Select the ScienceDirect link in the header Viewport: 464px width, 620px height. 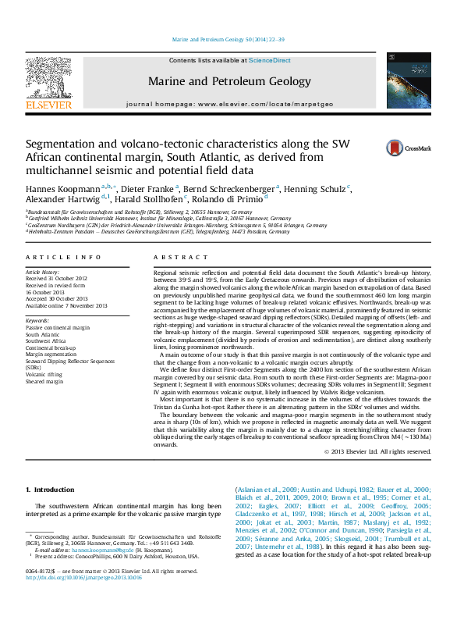(x=269, y=60)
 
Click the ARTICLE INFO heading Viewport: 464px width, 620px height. (x=62, y=257)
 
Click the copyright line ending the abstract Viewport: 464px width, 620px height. (x=378, y=451)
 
